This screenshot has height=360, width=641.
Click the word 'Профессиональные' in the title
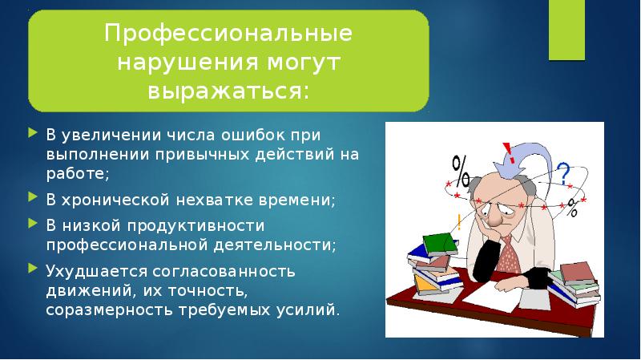(x=228, y=35)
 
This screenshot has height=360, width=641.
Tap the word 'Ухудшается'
(x=86, y=271)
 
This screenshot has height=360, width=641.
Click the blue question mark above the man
(x=562, y=172)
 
